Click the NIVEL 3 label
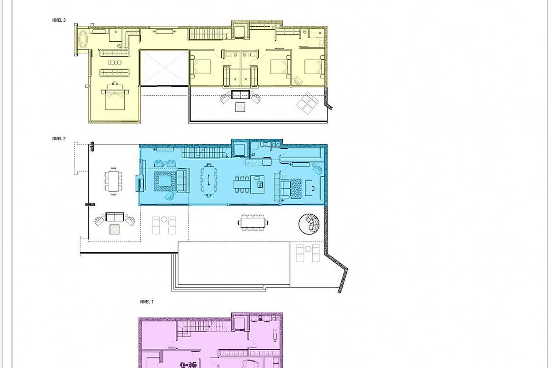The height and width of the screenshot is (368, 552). (59, 20)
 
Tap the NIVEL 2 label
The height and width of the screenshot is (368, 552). (59, 138)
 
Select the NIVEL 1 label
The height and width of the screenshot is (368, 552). (147, 302)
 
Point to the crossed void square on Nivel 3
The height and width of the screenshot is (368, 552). (164, 68)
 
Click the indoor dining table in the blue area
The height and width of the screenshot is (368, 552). (208, 181)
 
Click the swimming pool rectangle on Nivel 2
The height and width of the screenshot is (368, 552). (234, 263)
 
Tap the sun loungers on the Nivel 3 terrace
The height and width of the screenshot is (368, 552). (307, 102)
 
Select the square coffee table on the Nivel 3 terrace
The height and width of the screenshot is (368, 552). (241, 107)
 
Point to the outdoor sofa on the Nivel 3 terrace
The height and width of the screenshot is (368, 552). (241, 95)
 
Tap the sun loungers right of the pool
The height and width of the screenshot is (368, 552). (308, 253)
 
